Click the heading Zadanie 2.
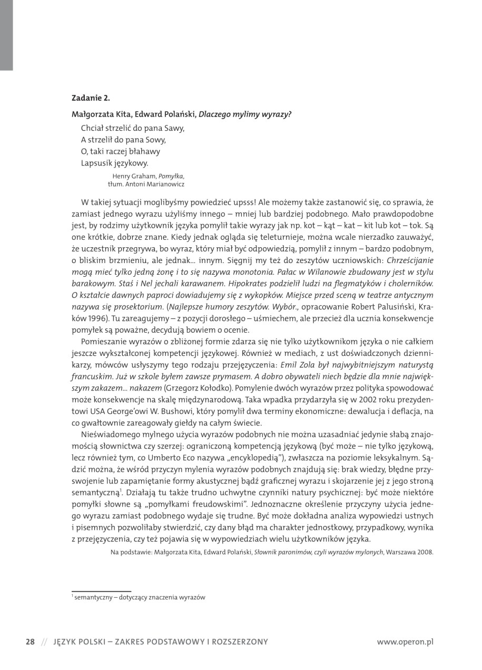[x=91, y=98]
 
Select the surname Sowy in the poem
[x=155, y=140]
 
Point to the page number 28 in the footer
[x=31, y=642]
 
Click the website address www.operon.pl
[x=405, y=642]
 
